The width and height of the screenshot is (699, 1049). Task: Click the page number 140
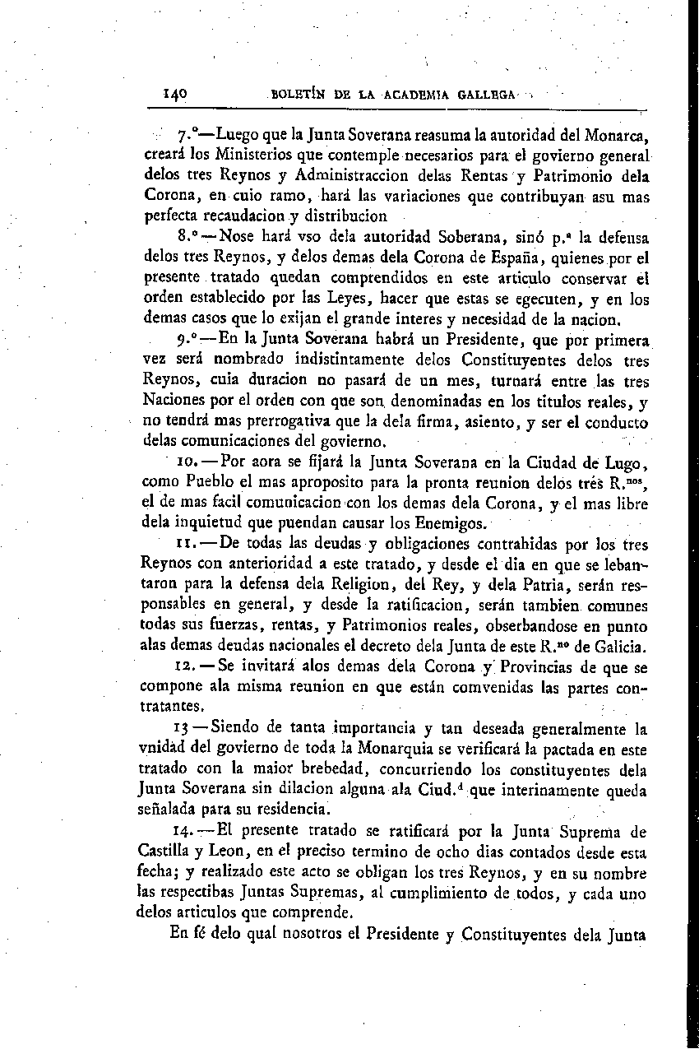click(175, 94)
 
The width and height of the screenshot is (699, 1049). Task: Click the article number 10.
click(187, 463)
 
